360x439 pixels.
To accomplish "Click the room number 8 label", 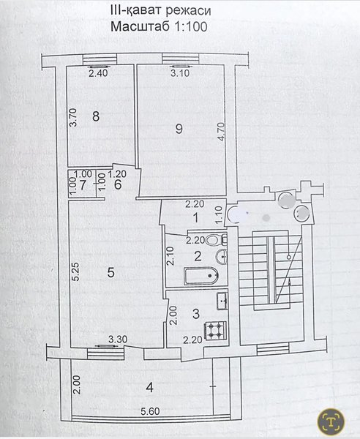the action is tap(96, 116).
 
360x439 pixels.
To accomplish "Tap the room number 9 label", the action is tap(179, 129).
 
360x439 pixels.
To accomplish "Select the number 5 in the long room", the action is tap(111, 272).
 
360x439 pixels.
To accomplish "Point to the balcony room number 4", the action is tap(150, 388).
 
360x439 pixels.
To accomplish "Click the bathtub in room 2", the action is tap(201, 276).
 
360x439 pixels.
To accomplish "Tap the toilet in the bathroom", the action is tap(214, 240).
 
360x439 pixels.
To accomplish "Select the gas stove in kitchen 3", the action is tap(215, 331).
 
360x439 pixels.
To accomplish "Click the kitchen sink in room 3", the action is tap(222, 301).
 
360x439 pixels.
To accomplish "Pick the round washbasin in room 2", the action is tap(222, 256).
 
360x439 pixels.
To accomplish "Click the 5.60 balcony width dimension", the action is tap(150, 411).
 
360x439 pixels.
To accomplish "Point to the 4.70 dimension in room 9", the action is tap(221, 132).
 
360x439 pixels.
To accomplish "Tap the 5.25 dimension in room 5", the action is tap(75, 271).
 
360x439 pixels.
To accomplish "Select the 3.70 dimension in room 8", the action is tap(72, 118).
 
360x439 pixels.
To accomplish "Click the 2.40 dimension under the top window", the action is tap(98, 73).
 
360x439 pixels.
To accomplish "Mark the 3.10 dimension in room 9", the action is tap(180, 73).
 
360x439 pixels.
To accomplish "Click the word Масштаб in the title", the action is tap(140, 26).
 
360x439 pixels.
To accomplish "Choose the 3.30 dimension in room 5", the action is tap(118, 339).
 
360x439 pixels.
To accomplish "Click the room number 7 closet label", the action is tap(83, 185).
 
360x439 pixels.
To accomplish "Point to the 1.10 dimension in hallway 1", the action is tap(220, 214).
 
